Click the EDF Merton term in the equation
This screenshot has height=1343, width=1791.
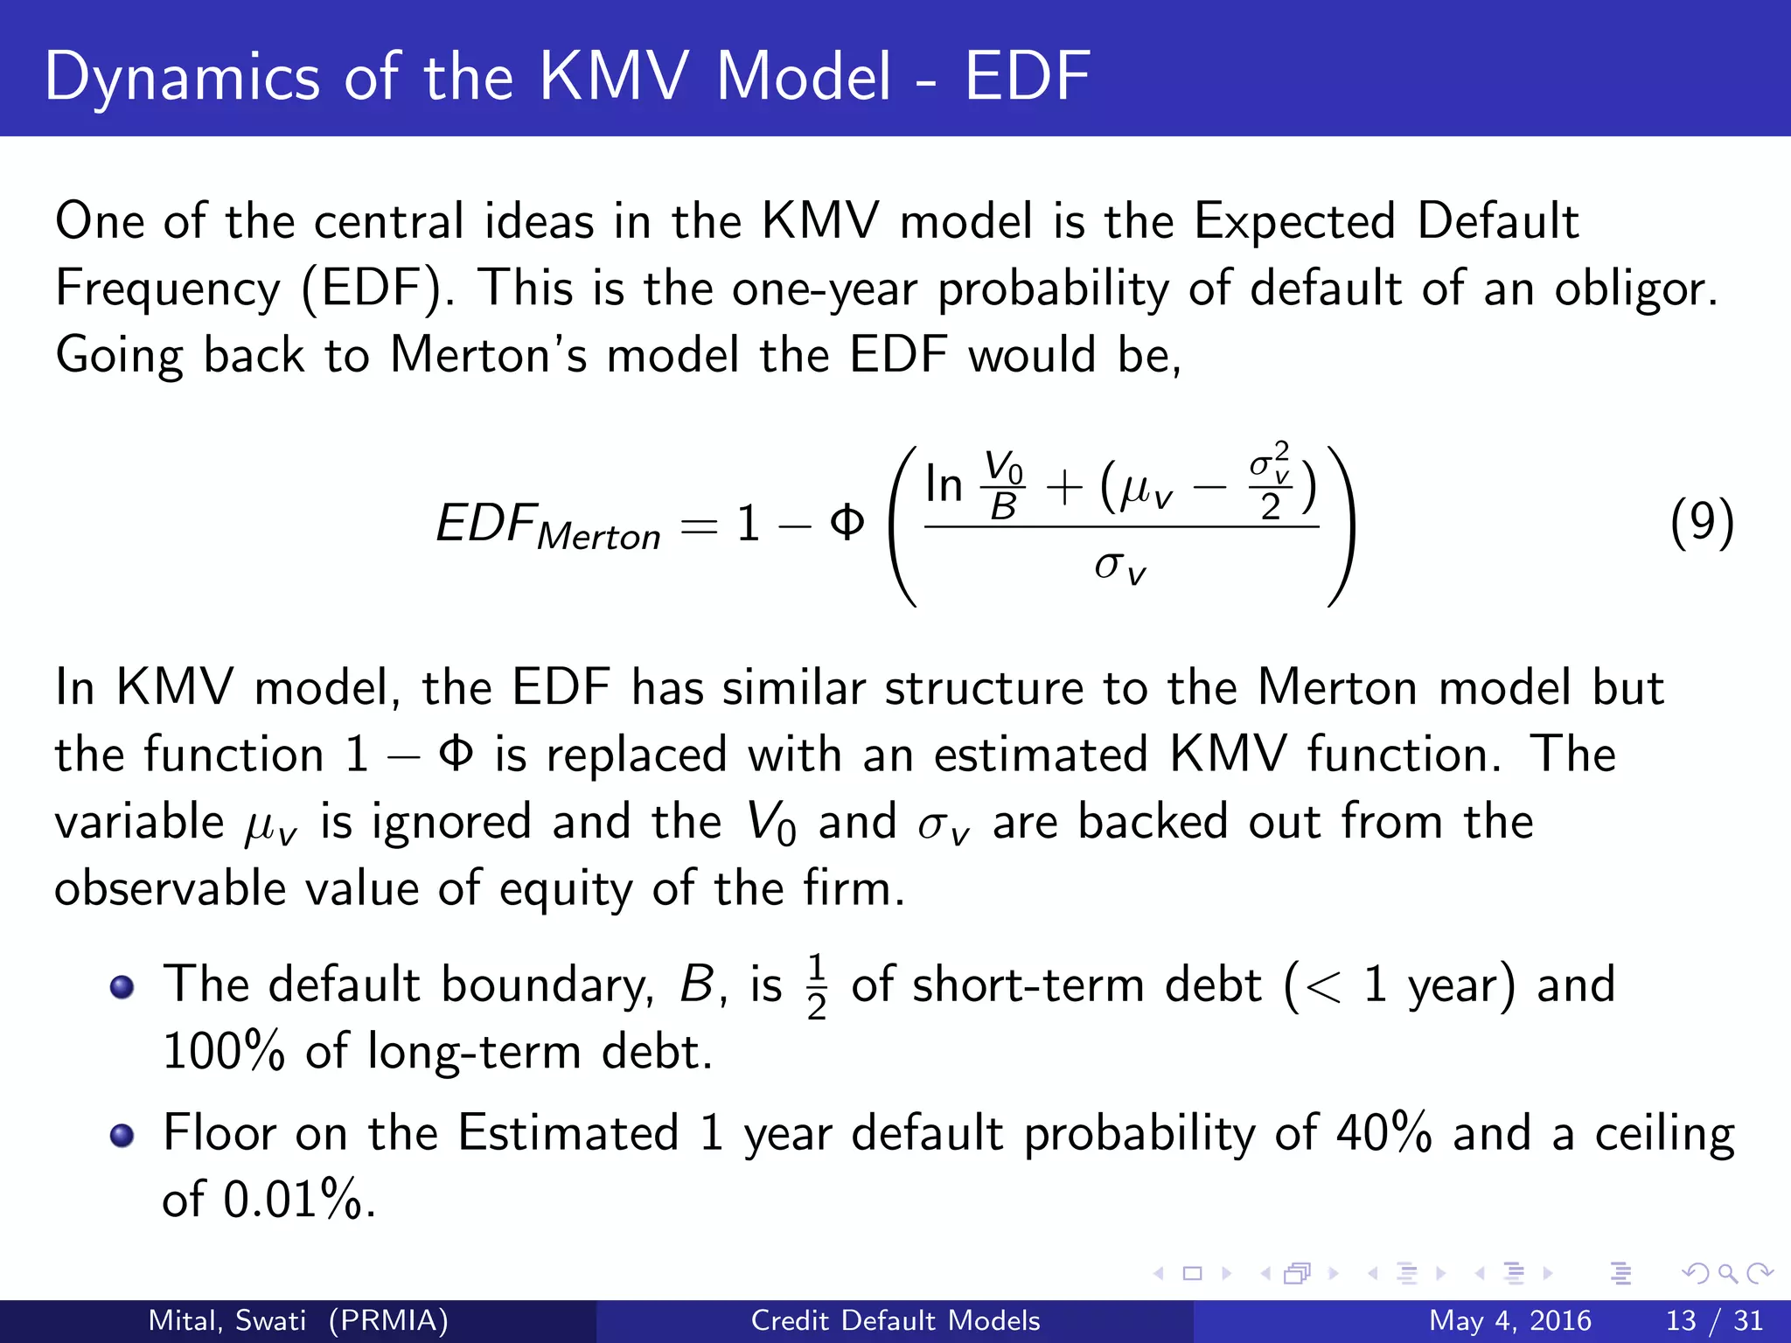coord(548,526)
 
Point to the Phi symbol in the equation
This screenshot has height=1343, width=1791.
coord(847,523)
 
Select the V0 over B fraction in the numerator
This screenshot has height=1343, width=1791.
coord(1003,485)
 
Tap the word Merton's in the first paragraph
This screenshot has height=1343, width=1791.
coord(488,356)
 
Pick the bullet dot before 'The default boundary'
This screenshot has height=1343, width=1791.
coord(122,987)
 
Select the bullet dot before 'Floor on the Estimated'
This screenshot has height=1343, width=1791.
coord(122,1135)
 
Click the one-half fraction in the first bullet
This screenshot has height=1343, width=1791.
coord(816,987)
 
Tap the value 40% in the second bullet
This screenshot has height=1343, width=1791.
coord(1383,1133)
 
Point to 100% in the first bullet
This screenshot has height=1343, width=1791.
coord(224,1052)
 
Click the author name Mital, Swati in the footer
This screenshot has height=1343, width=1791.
coord(227,1320)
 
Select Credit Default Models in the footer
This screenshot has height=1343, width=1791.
coord(895,1320)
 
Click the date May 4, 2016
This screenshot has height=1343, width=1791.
coord(1509,1320)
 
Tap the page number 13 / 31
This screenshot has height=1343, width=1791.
coord(1714,1320)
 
